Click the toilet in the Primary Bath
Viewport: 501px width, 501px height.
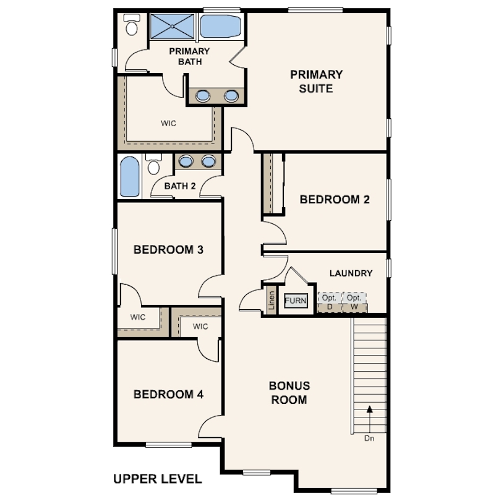[x=132, y=24]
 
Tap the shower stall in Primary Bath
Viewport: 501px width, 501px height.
[x=172, y=26]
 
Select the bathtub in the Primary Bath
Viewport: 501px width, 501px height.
[x=220, y=26]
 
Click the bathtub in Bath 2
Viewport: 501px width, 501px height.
[x=130, y=176]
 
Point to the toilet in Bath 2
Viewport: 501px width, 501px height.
[x=153, y=164]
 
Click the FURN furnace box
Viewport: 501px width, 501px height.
[x=296, y=301]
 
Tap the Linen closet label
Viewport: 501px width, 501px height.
[x=272, y=301]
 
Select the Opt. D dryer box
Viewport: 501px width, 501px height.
[x=330, y=302]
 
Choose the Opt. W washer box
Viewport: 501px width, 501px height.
[x=354, y=302]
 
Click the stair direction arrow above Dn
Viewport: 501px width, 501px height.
[x=370, y=419]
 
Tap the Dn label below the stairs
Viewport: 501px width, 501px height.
[x=369, y=439]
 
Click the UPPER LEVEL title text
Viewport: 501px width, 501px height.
[x=158, y=479]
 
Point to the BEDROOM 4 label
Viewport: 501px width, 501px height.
[x=168, y=394]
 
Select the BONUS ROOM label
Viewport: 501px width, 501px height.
[x=289, y=393]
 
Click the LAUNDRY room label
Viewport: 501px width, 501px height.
[x=351, y=273]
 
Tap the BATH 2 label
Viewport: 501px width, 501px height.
[x=180, y=186]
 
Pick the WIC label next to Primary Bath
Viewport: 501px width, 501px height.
[x=168, y=123]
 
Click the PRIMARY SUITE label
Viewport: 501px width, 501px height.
[x=316, y=82]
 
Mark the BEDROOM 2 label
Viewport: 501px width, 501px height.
[x=335, y=199]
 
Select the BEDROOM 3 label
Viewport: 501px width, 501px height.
[x=168, y=249]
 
